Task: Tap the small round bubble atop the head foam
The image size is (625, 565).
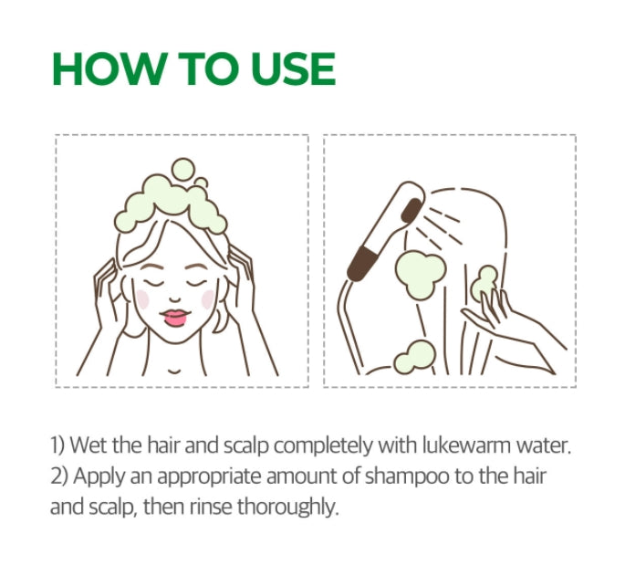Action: [183, 169]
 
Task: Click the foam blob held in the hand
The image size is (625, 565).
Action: [484, 280]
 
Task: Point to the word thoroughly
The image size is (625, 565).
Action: [289, 507]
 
